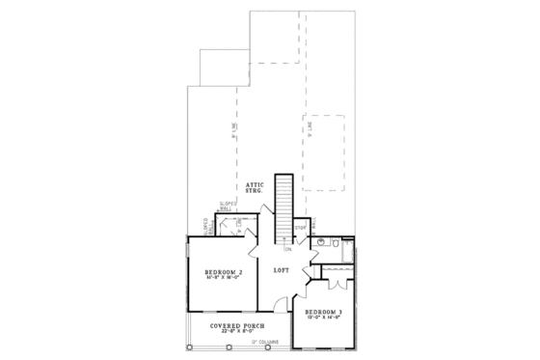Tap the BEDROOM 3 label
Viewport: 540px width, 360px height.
323,314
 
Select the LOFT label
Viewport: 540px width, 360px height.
282,270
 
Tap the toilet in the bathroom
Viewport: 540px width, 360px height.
333,247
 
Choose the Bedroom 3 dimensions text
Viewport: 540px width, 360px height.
323,320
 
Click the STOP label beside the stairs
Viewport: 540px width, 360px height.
300,228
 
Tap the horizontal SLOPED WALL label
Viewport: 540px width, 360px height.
228,206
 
